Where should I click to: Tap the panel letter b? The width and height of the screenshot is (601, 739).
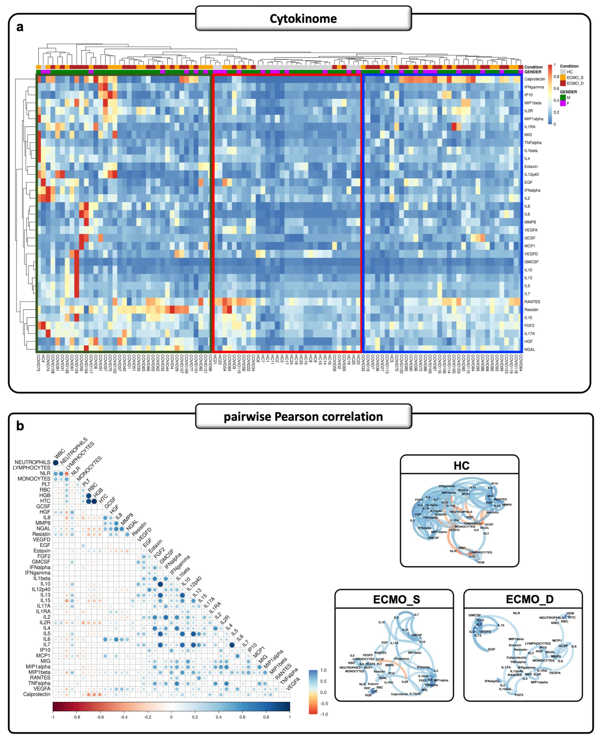point(20,426)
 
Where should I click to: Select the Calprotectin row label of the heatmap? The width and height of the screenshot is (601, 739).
point(535,79)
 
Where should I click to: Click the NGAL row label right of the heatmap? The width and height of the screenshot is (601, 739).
point(530,349)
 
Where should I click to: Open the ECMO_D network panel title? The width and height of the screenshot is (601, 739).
point(530,599)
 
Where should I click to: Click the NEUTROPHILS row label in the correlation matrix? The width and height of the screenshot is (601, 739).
point(32,462)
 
